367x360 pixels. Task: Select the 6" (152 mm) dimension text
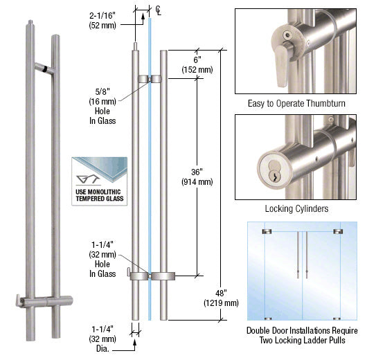[x=197, y=64]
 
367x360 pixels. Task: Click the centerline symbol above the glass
[x=159, y=9]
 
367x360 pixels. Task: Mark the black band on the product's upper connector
[x=43, y=69]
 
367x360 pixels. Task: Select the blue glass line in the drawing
[x=149, y=173]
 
